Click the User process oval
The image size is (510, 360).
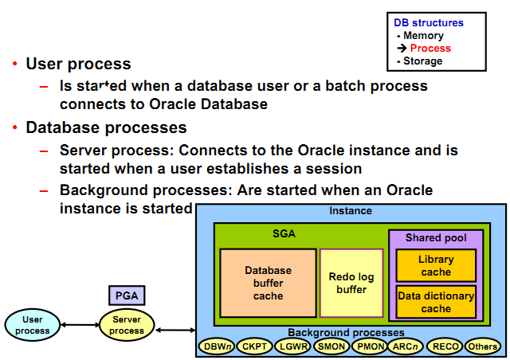coord(31,325)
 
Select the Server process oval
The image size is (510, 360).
coord(127,325)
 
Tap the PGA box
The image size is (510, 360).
coord(127,295)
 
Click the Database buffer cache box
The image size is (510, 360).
coord(268,283)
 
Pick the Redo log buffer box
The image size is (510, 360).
coord(351,283)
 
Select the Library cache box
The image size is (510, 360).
coord(436,265)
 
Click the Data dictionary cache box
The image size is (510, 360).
coord(436,302)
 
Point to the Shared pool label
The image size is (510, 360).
coord(436,238)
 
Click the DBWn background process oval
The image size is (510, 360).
coord(217,346)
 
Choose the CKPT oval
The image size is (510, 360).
coord(255,346)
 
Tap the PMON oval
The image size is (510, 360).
coord(371,346)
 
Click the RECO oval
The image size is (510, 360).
coord(445,346)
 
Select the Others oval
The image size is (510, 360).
coord(483,346)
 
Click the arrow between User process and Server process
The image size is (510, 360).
coord(79,325)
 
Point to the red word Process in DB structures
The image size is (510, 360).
coord(430,49)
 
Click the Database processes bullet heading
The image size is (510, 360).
coord(106,127)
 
